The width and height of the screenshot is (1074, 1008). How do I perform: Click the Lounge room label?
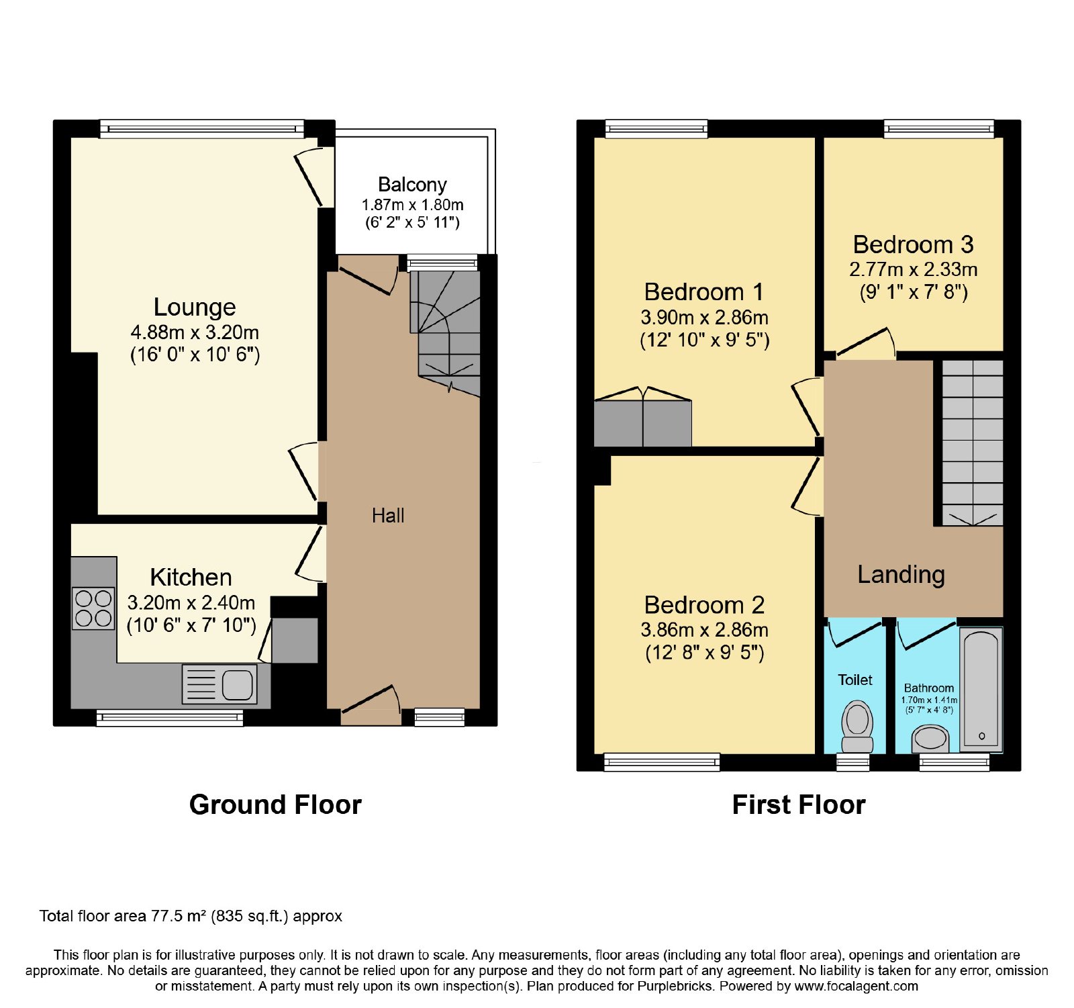195,307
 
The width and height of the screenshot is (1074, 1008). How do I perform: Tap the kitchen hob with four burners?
93,608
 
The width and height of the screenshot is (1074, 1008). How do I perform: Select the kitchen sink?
219,684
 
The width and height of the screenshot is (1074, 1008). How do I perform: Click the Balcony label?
412,185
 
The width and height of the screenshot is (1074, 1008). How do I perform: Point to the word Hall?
388,516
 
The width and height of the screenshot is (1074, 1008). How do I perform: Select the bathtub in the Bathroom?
981,690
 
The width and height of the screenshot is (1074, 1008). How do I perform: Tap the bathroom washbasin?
930,739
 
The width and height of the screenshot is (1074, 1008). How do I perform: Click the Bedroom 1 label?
703,292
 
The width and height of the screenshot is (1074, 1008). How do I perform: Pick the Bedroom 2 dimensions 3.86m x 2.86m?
704,630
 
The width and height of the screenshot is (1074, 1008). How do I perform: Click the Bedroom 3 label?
913,244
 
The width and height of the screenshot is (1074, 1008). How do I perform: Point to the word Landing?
901,575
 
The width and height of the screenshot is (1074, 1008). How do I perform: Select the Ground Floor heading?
275,805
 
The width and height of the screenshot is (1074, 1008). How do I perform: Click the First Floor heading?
799,805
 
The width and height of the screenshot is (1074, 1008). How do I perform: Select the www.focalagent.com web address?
856,987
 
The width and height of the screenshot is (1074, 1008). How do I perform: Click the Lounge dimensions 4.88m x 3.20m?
195,332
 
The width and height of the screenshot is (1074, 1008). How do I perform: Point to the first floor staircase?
973,443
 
